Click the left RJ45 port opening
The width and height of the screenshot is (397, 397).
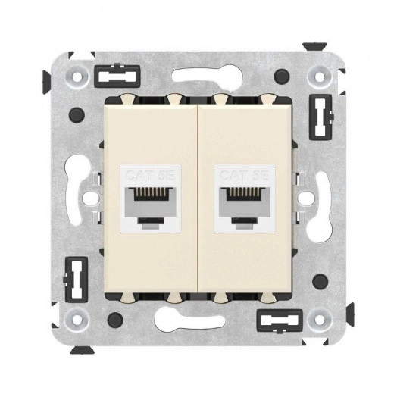pyautogui.click(x=151, y=206)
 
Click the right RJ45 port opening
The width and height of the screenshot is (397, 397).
pyautogui.click(x=245, y=206)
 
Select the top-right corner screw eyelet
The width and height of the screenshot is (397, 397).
pyautogui.click(x=320, y=76)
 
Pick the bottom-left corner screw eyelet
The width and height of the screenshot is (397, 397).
pyautogui.click(x=76, y=317)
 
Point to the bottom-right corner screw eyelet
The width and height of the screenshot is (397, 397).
pyautogui.click(x=320, y=317)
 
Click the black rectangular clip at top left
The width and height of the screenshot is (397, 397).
pyautogui.click(x=117, y=76)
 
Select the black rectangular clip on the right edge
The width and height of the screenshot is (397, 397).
pyautogui.click(x=320, y=117)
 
